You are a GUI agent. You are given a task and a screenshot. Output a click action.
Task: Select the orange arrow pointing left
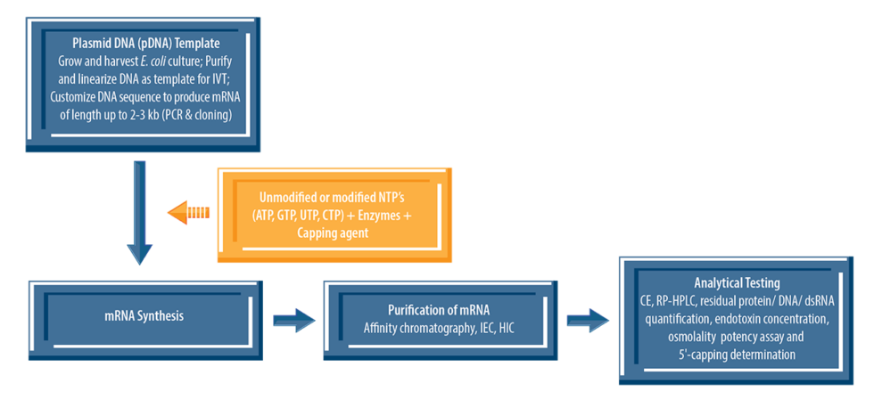tap(188, 212)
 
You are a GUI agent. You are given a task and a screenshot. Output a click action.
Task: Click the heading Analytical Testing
tap(737, 282)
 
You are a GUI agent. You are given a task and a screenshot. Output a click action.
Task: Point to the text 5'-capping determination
tap(737, 355)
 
